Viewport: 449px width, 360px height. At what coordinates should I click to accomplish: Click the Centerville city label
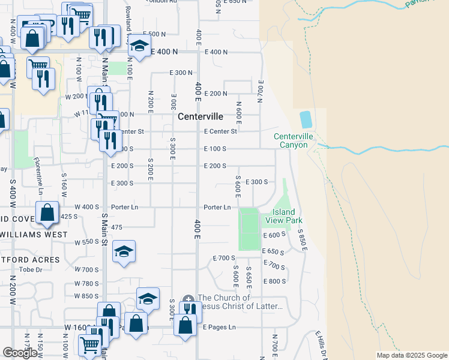[x=200, y=116]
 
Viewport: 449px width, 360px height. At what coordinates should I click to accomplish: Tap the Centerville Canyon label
[x=291, y=140]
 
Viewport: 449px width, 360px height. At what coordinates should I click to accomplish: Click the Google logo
[x=20, y=353]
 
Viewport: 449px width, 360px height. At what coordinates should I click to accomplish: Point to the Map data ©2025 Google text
[x=412, y=355]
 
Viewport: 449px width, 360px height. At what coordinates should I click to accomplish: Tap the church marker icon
[x=188, y=298]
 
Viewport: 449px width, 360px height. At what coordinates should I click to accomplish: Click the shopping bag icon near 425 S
[x=47, y=213]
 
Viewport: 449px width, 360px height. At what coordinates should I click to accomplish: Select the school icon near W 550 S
[x=124, y=253]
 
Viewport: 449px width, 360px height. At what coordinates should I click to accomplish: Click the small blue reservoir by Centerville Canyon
[x=306, y=119]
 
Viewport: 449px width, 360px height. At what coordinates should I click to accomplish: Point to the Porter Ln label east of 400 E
[x=217, y=208]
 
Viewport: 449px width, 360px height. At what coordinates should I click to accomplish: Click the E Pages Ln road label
[x=219, y=327]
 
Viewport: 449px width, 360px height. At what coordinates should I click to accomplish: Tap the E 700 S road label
[x=223, y=258]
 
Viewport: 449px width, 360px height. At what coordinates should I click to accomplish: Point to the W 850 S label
[x=86, y=296]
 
